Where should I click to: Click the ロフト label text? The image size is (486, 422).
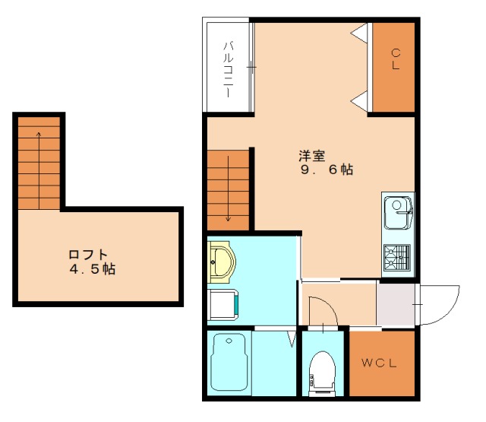[x=88, y=255]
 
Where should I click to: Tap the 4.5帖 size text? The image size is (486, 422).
[x=93, y=268]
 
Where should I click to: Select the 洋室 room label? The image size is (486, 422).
[x=312, y=156]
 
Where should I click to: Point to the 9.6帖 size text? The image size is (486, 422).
[x=327, y=170]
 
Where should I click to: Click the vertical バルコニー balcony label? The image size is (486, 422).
[x=229, y=69]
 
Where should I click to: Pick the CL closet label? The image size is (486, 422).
[x=396, y=59]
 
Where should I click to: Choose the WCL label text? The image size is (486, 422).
[x=379, y=363]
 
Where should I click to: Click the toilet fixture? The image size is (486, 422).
[x=322, y=373]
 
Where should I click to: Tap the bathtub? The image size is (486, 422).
[x=229, y=363]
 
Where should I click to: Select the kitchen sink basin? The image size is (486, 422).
[x=398, y=213]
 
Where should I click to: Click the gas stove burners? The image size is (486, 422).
[x=397, y=257]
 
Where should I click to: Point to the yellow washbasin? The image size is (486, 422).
[x=221, y=262]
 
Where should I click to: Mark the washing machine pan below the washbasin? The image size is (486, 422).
[x=222, y=305]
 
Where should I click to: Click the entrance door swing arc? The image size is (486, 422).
[x=450, y=314]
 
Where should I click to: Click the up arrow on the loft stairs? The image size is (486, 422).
[x=39, y=170]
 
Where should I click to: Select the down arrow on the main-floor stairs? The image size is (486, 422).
[x=229, y=189]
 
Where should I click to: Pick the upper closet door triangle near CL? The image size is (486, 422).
[x=360, y=33]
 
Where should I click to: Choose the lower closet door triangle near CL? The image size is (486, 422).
[x=360, y=100]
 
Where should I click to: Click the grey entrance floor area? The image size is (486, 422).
[x=396, y=304]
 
